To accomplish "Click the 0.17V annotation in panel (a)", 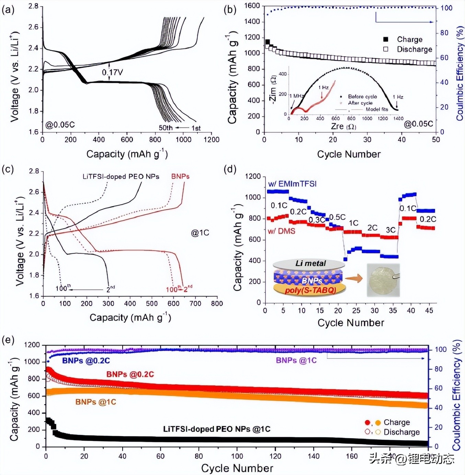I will [x=112, y=73].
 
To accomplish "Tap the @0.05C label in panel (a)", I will [x=60, y=125].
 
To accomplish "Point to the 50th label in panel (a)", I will [x=166, y=128].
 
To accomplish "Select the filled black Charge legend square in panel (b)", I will [x=386, y=39].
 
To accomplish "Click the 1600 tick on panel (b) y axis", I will [x=252, y=6].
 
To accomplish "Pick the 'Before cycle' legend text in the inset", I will [x=362, y=97].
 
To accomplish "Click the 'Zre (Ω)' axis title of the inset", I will [x=343, y=126].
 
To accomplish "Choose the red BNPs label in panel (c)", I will [x=180, y=176].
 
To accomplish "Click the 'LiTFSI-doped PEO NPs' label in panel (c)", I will [x=121, y=177].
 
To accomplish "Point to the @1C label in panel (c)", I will [x=200, y=233].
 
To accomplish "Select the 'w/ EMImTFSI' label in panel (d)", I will [x=292, y=184].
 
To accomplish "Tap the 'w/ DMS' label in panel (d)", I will [x=282, y=231].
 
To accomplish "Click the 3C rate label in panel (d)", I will [x=390, y=230].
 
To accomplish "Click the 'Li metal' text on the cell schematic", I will [x=310, y=264].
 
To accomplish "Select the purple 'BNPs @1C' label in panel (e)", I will [x=296, y=361].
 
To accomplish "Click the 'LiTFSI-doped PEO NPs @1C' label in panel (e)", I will [x=217, y=429].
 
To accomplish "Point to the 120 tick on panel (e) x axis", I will [x=275, y=456].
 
